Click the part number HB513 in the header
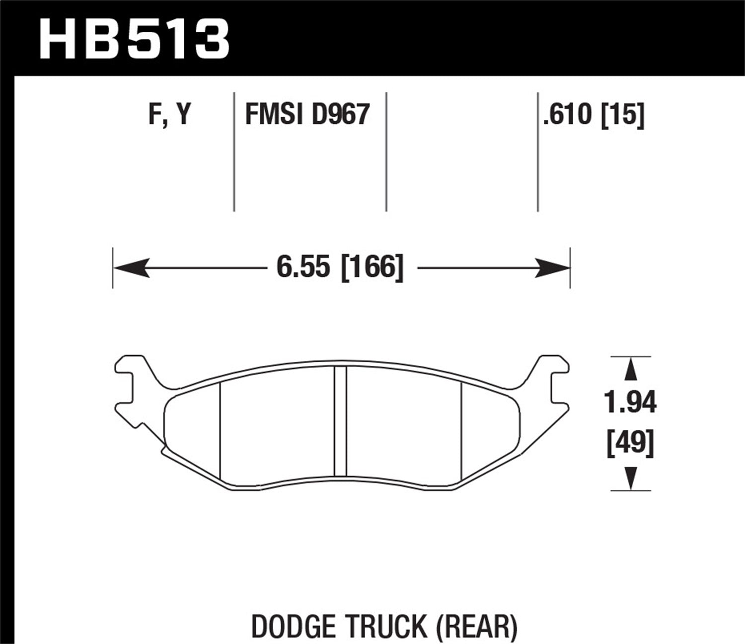134,38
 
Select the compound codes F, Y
169,115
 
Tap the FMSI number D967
341,115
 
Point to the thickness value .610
569,115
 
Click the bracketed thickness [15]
622,115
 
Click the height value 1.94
630,402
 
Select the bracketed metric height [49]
630,443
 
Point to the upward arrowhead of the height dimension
631,370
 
